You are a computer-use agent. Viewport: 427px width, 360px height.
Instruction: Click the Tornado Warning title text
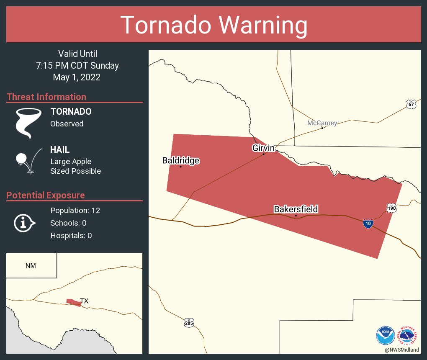tap(213, 25)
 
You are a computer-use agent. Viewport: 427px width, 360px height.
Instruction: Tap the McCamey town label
tap(322, 123)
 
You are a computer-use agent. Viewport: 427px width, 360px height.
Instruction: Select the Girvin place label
tap(263, 148)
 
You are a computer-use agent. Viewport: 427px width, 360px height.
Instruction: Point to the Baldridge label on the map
tap(181, 160)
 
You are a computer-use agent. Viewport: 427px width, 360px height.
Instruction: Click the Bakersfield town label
tap(296, 209)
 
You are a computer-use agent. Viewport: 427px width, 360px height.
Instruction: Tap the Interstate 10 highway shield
tap(368, 224)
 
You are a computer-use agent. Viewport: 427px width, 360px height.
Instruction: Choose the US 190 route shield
tap(391, 208)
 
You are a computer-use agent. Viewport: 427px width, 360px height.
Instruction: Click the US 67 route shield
tap(411, 104)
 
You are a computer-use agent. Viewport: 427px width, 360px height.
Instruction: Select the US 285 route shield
tap(189, 323)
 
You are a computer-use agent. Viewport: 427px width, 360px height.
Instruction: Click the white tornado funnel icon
tap(28, 123)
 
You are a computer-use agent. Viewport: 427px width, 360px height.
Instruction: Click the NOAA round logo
tap(385, 335)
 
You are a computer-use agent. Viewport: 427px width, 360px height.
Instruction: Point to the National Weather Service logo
tap(409, 335)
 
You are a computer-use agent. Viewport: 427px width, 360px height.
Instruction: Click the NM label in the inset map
tap(31, 266)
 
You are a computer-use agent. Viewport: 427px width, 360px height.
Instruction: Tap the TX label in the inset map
tap(84, 301)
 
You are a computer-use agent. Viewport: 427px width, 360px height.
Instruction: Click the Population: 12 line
tap(75, 210)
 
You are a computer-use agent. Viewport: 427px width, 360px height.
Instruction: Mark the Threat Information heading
tap(46, 97)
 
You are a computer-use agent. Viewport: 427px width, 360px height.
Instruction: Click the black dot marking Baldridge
tap(180, 167)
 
